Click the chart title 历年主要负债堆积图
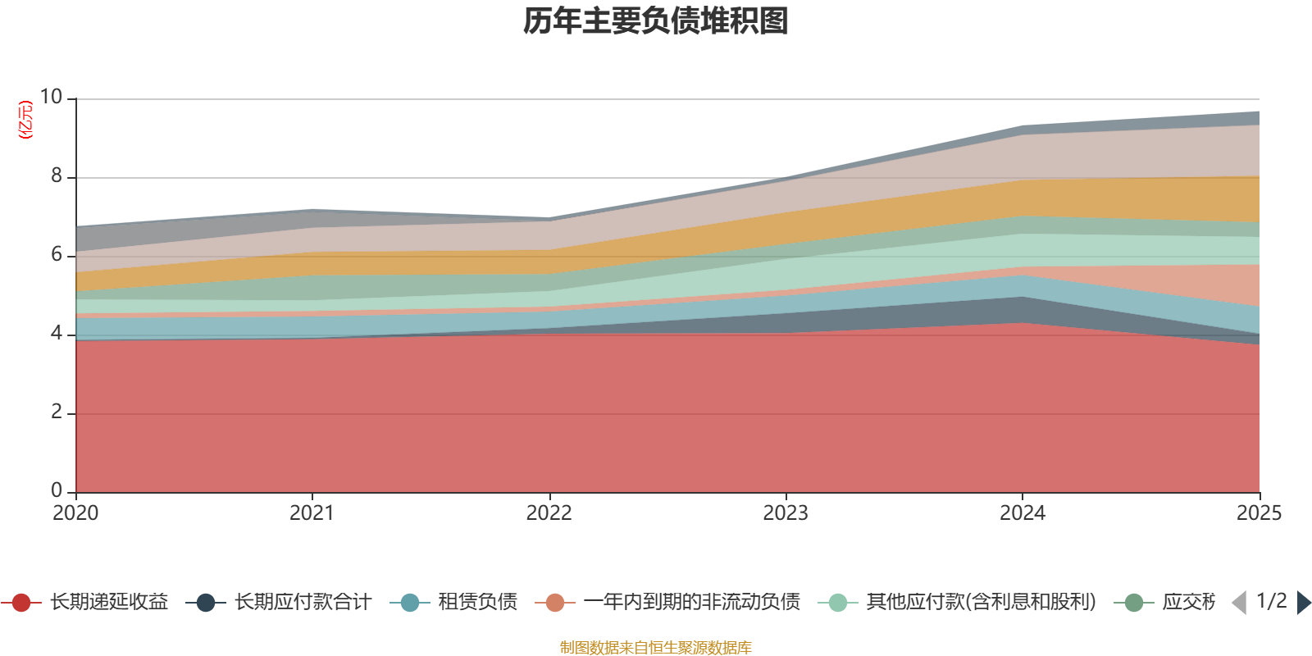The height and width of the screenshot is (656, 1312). tap(656, 21)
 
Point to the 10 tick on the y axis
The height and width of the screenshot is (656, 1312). tap(51, 97)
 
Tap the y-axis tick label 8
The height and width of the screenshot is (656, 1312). tap(57, 175)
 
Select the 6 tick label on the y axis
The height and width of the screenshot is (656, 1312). tap(57, 254)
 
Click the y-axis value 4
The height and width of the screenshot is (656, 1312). tap(57, 333)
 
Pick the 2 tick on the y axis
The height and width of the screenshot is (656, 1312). tap(57, 412)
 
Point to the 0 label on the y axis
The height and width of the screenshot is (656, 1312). tap(57, 490)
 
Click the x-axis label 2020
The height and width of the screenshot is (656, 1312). tap(75, 513)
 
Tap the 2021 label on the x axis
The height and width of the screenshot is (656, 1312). tap(312, 513)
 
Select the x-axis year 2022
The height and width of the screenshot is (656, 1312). tap(549, 513)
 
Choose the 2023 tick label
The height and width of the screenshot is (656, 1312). tap(786, 513)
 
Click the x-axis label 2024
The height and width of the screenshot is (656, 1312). tap(1022, 513)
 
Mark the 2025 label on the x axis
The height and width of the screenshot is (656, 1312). tap(1259, 513)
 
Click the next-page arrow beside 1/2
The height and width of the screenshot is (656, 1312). tap(1304, 603)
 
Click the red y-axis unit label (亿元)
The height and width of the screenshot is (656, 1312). tap(25, 120)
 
